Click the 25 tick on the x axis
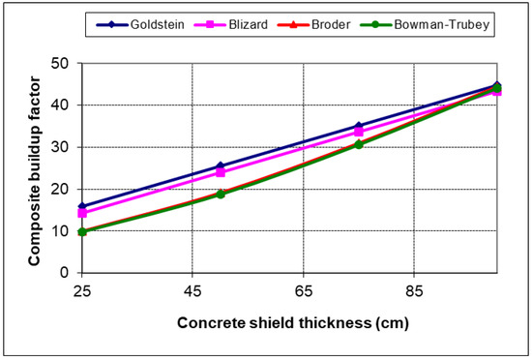coord(82,289)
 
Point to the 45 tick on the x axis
coord(193,289)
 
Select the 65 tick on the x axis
coord(304,289)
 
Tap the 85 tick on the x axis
coord(415,289)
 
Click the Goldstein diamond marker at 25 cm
coord(82,206)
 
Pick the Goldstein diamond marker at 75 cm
coord(359,126)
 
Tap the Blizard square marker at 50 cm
coord(221,172)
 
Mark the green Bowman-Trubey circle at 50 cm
coord(221,195)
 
